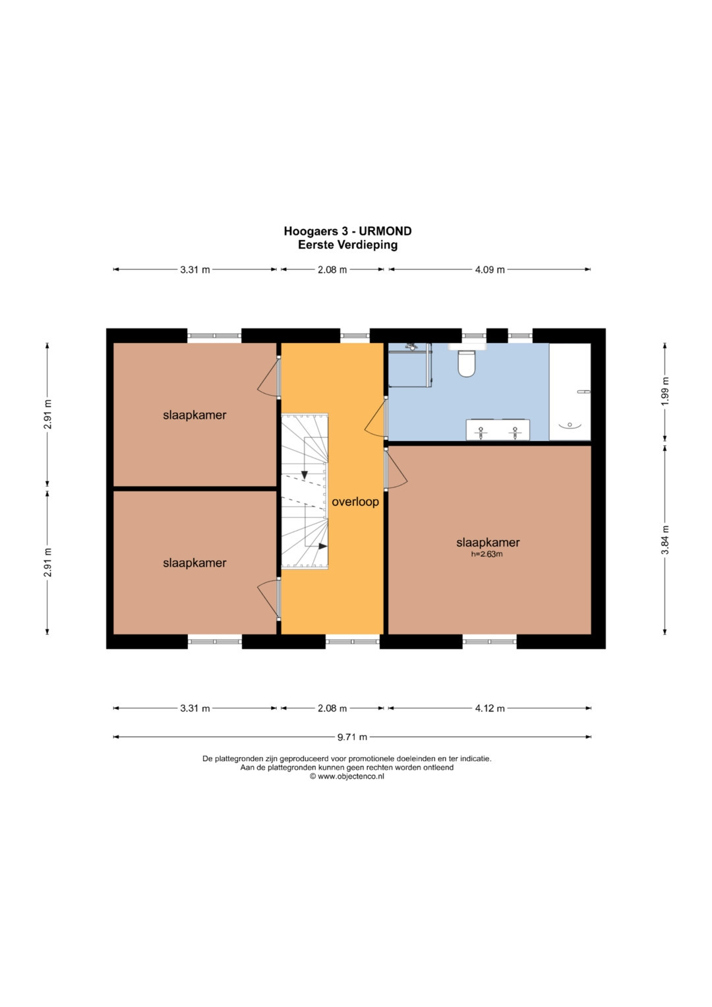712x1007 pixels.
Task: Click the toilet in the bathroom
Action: point(466,361)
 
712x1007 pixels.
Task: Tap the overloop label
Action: point(355,502)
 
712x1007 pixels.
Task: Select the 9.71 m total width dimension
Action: point(352,737)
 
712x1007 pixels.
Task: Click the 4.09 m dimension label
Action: point(490,270)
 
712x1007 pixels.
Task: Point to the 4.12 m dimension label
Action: point(490,708)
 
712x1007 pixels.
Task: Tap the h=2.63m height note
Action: point(487,555)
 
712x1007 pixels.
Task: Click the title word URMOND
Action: point(385,231)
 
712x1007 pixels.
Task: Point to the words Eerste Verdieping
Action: point(348,245)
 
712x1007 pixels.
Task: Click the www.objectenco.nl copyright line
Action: point(347,776)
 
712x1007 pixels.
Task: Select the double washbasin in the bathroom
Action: point(498,430)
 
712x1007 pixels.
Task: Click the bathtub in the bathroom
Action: point(570,392)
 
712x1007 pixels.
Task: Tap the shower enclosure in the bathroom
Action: point(410,365)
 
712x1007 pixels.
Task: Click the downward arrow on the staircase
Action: point(305,474)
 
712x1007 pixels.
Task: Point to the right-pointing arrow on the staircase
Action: point(322,546)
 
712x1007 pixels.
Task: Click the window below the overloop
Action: point(353,642)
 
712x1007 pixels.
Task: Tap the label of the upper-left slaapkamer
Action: point(194,415)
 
